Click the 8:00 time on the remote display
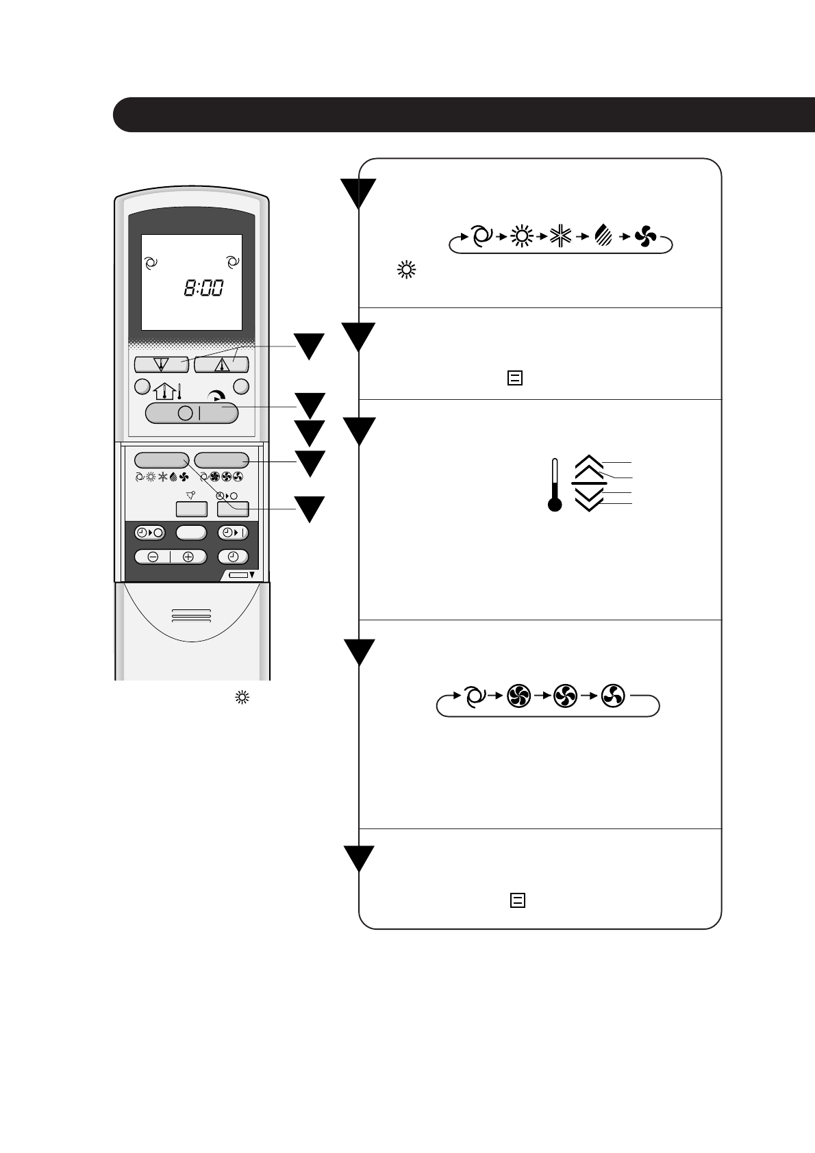[203, 288]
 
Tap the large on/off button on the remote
[192, 413]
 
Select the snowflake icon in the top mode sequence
[560, 237]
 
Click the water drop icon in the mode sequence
[603, 237]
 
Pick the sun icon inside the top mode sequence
[522, 237]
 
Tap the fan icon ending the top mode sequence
[645, 237]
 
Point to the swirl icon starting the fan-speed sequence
[473, 697]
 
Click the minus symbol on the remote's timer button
[153, 557]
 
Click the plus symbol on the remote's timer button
[188, 557]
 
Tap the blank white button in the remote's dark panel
[191, 533]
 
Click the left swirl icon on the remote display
[152, 262]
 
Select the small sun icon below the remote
[241, 698]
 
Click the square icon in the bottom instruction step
[518, 900]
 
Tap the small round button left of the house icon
[142, 386]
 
